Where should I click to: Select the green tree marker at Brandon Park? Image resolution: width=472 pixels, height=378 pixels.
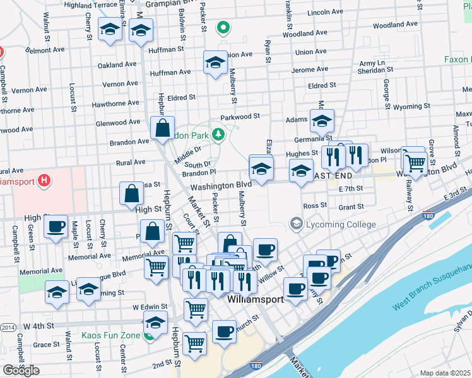[x=218, y=134]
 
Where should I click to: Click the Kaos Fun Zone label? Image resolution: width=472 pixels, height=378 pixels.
[x=110, y=335]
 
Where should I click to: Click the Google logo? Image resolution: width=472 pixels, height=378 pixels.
[x=21, y=370]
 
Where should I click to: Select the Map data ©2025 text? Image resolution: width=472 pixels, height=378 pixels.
[x=445, y=373]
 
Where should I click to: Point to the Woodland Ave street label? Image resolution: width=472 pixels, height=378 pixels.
[x=395, y=25]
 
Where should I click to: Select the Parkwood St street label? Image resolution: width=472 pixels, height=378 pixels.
[x=240, y=117]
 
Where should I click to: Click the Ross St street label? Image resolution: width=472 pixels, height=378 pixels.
[x=314, y=205]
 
